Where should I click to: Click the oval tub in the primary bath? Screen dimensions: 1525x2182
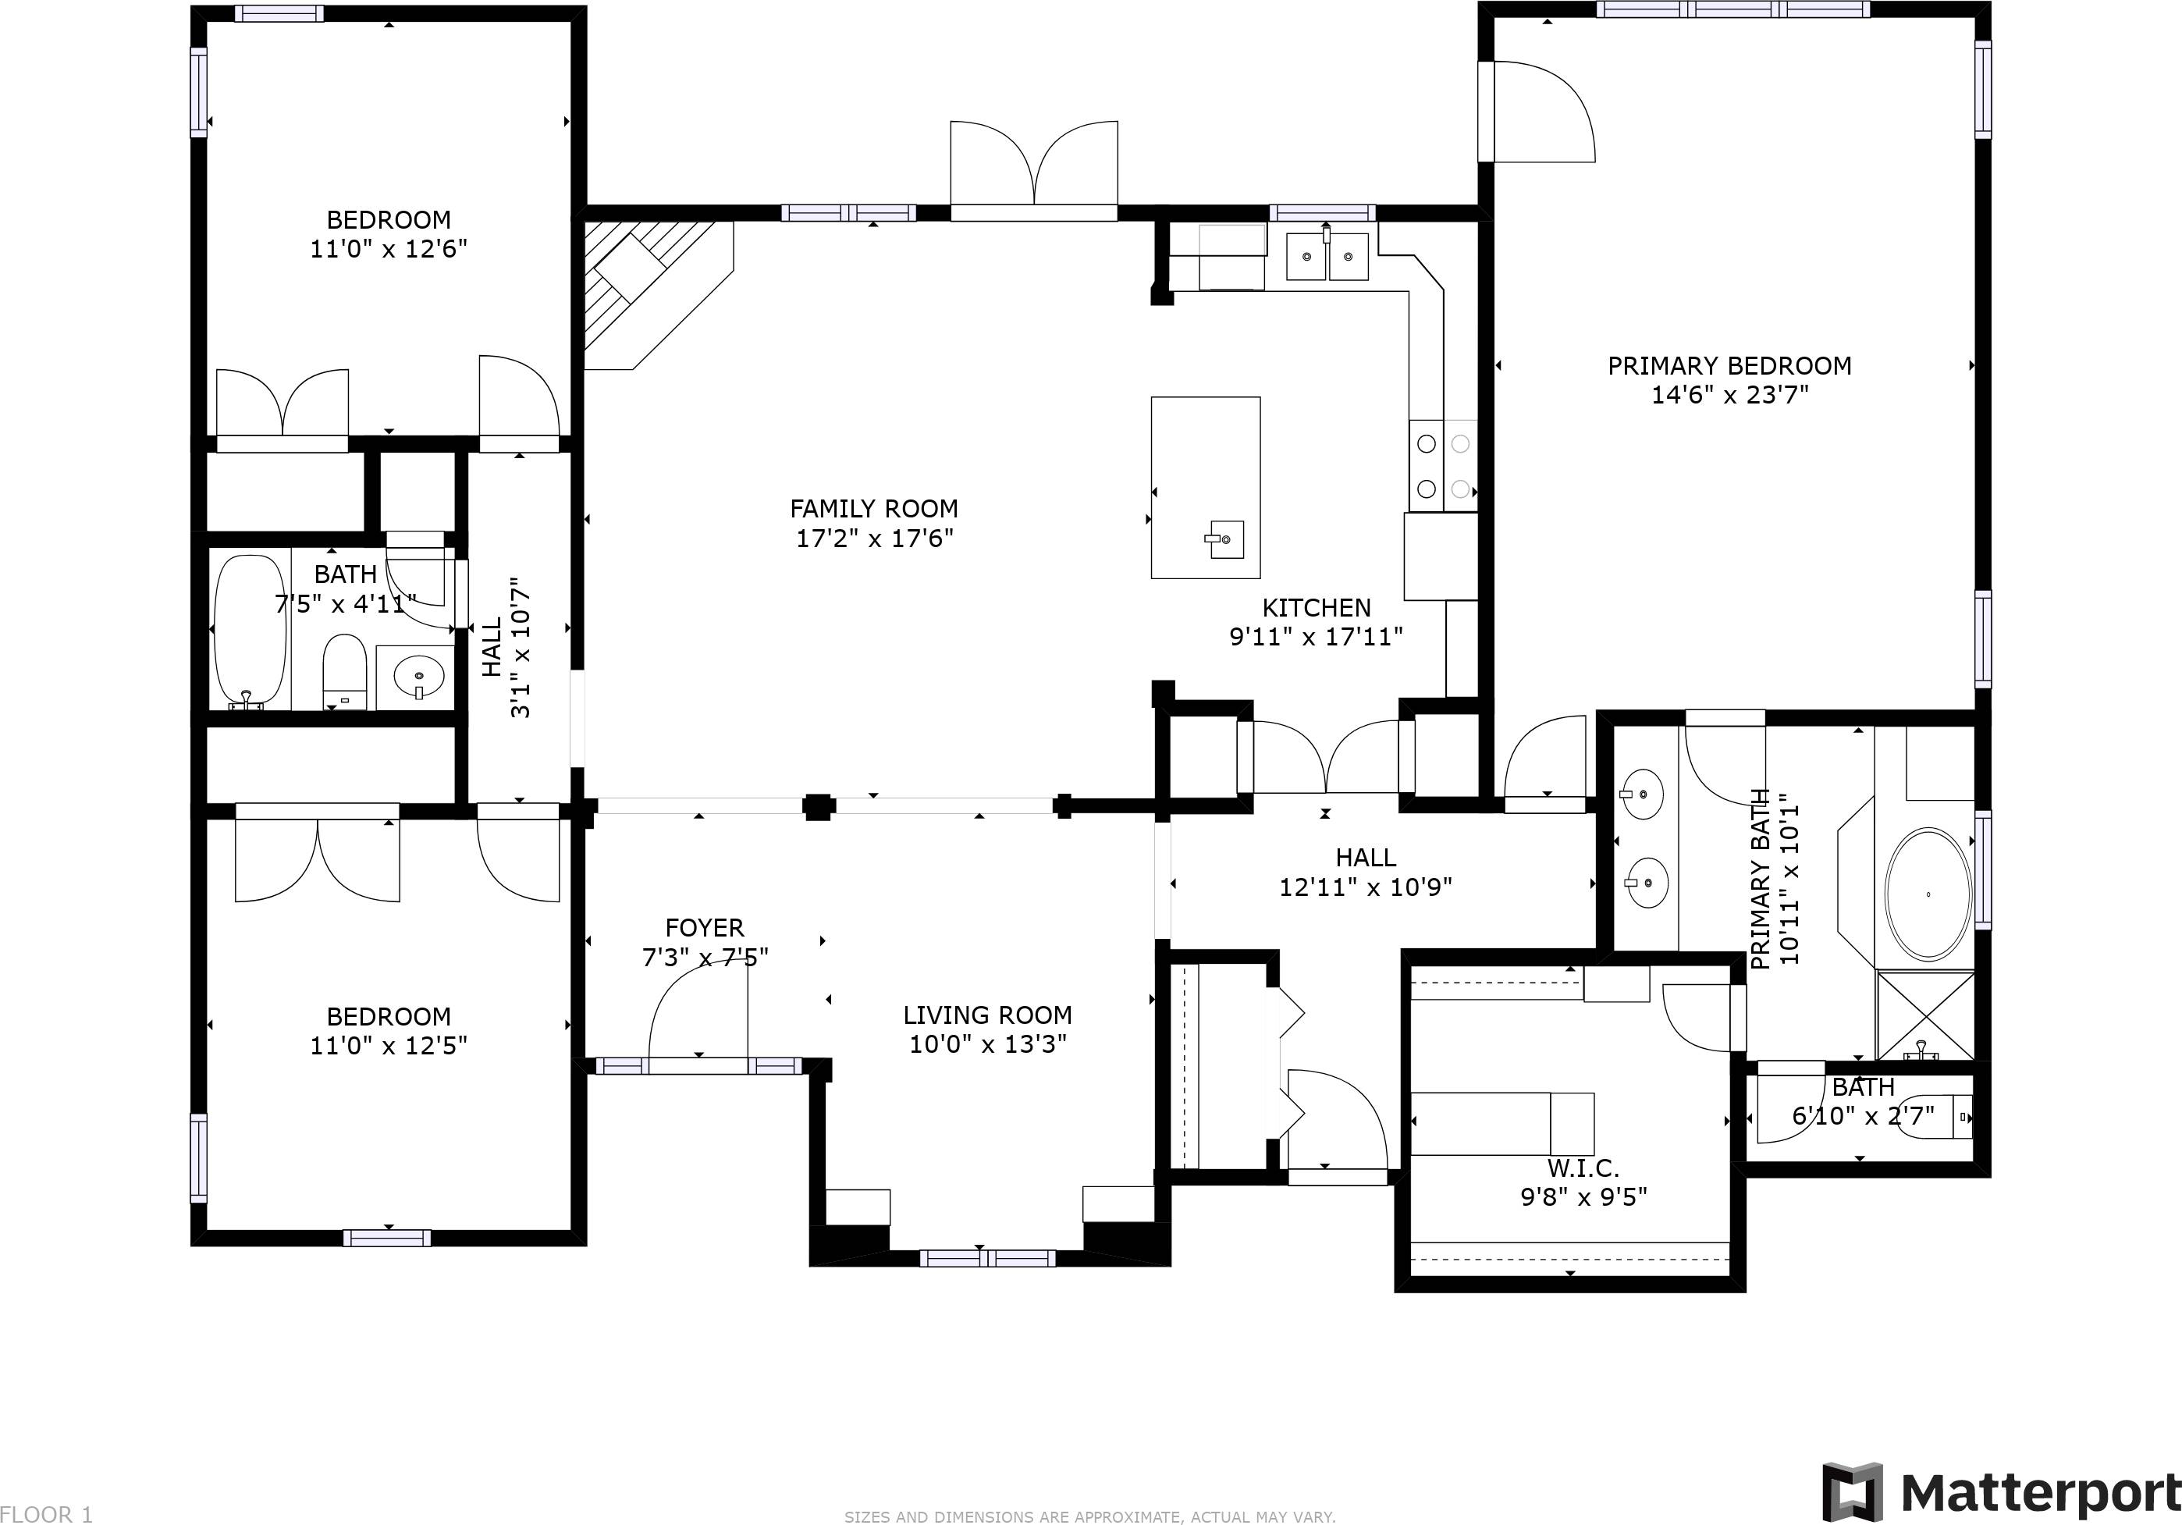(x=1928, y=894)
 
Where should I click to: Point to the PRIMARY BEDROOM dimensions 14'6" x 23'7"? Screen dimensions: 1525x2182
(x=1729, y=395)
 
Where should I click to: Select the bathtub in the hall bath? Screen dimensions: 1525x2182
(x=250, y=632)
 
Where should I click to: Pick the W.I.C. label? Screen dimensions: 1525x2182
(x=1583, y=1168)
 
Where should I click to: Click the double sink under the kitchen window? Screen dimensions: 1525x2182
(x=1327, y=257)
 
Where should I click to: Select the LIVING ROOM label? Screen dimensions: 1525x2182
(x=987, y=1015)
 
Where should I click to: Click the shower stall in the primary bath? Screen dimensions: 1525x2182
(x=1924, y=1015)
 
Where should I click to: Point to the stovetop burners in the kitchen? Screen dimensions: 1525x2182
(x=1443, y=467)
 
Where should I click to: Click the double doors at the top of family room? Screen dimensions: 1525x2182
(x=1034, y=166)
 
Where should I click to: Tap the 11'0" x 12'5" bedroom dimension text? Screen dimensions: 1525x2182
(x=388, y=1045)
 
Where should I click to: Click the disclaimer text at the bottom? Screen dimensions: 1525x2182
(x=1090, y=1517)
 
